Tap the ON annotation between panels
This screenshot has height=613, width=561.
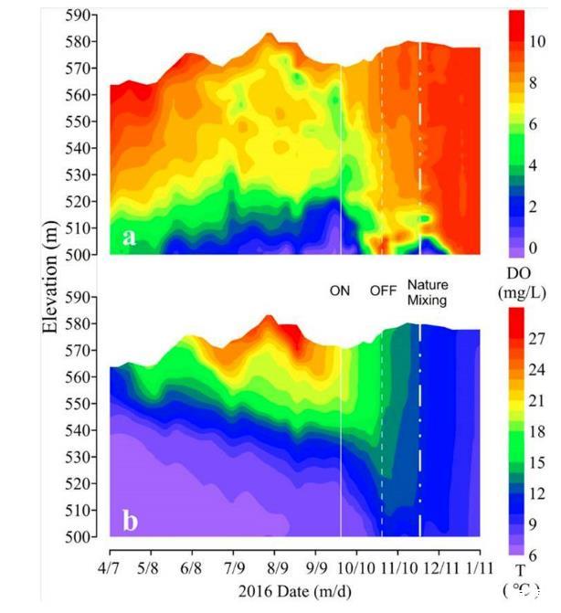(341, 291)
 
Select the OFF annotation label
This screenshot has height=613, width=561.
(383, 291)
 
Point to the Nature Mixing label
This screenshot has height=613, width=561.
(428, 291)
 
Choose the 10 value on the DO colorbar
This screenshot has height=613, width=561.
(538, 41)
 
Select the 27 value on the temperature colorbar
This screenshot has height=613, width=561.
(538, 339)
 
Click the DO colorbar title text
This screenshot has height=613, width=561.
(523, 273)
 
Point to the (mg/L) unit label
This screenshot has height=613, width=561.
(523, 292)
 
